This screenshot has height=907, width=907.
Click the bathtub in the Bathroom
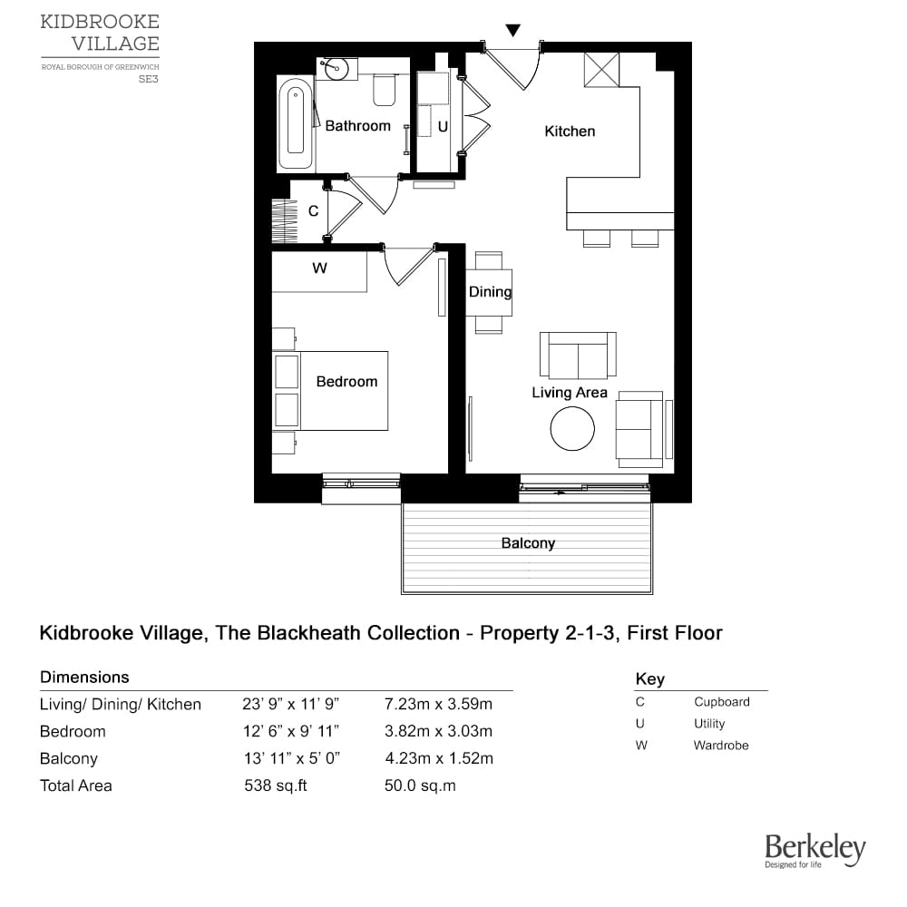tap(295, 124)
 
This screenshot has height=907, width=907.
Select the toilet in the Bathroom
tap(384, 89)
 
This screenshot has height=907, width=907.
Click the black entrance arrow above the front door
tap(513, 31)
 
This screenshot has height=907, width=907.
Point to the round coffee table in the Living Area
tap(572, 428)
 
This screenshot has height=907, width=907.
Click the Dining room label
tap(490, 292)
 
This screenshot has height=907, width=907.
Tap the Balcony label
tap(528, 543)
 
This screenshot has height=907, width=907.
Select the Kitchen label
tap(570, 132)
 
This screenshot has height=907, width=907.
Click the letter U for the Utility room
tap(443, 128)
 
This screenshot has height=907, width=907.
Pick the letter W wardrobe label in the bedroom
tap(319, 268)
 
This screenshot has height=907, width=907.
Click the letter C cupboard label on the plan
tap(313, 211)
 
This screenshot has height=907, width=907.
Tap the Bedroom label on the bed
tap(346, 382)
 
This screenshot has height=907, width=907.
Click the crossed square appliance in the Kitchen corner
tap(601, 70)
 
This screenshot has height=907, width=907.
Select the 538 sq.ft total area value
tap(276, 785)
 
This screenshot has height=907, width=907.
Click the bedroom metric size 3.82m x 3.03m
tap(438, 731)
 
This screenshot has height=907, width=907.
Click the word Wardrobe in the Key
tap(721, 746)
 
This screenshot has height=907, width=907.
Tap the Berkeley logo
tap(814, 851)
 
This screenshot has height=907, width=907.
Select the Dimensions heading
tap(84, 678)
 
